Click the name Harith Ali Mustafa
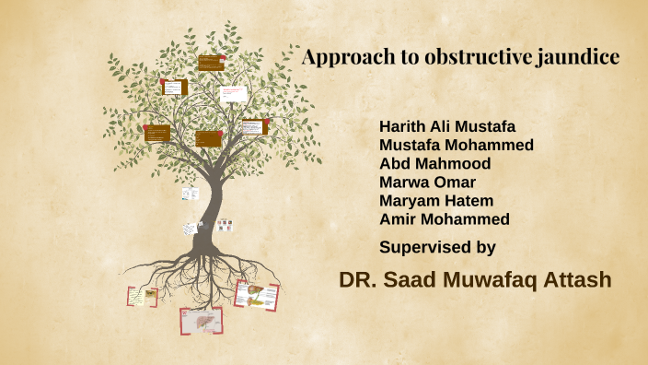click(447, 126)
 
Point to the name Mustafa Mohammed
click(457, 145)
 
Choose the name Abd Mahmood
click(434, 163)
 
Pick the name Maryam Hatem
click(436, 200)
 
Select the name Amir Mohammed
click(445, 218)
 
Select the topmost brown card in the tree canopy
click(210, 62)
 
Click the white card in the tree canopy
click(233, 94)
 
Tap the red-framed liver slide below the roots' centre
click(201, 321)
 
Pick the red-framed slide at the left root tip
click(141, 296)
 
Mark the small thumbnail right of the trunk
click(225, 225)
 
